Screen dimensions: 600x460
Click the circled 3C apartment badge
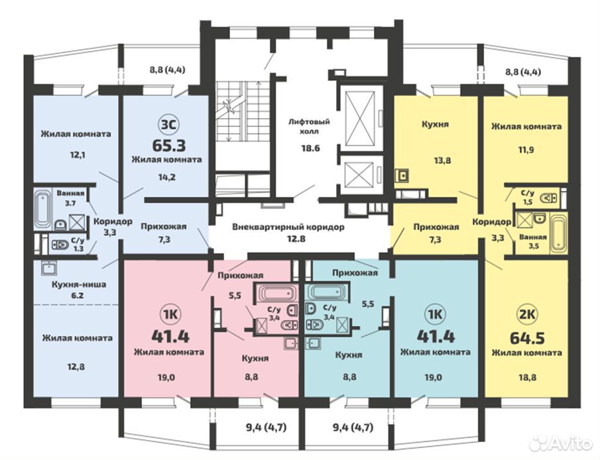pos(168,125)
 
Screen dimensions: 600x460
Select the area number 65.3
pos(169,145)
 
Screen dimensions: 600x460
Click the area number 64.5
pos(527,338)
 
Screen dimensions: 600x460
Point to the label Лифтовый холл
pos(309,127)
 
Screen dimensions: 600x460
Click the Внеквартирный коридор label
pos(288,227)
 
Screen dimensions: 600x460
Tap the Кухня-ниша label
pos(79,284)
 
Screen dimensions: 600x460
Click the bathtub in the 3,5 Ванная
pos(558,234)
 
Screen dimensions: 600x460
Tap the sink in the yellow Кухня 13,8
pos(402,175)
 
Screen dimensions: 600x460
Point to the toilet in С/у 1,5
pos(549,198)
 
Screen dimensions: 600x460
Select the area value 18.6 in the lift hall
pos(310,148)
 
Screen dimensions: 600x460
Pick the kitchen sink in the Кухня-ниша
pos(49,268)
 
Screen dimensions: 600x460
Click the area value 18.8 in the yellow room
pos(527,377)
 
